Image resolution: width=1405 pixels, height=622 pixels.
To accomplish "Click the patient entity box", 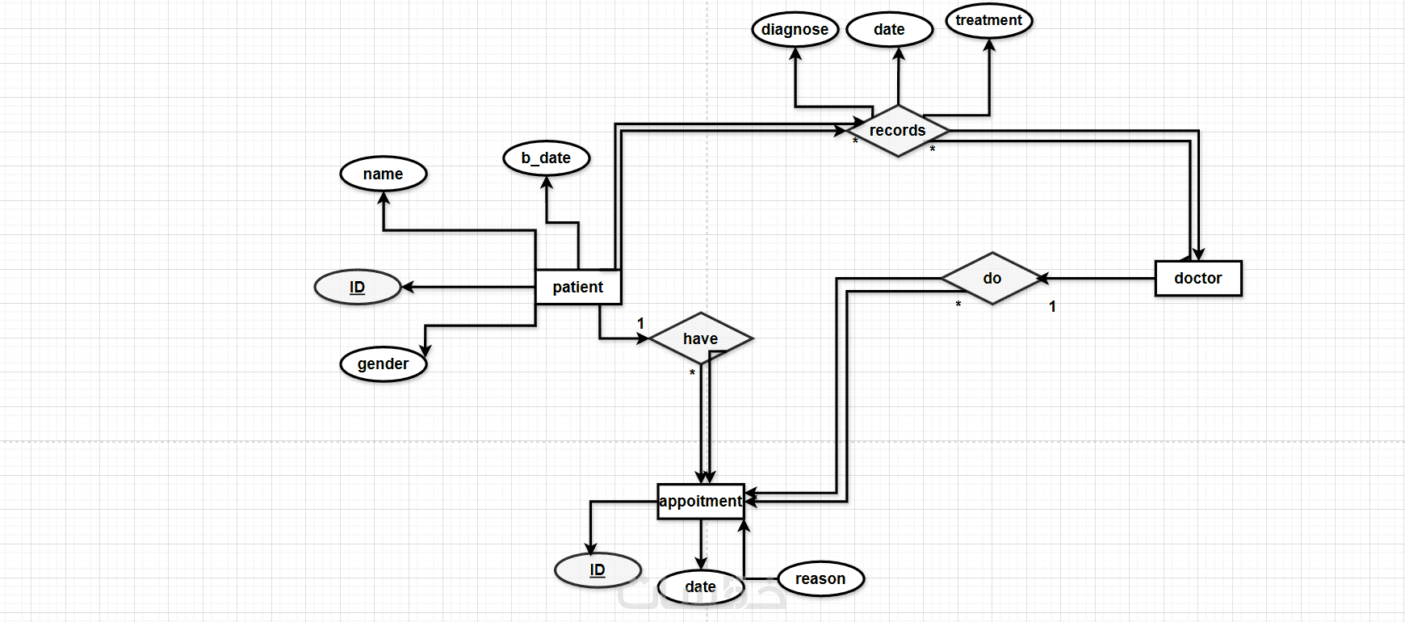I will click(578, 287).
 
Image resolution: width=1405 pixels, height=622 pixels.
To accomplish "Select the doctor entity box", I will click(1198, 278).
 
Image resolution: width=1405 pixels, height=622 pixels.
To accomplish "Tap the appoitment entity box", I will click(700, 501).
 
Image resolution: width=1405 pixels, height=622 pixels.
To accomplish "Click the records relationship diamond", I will click(898, 130).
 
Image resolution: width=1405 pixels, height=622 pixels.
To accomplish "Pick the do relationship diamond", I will click(992, 278).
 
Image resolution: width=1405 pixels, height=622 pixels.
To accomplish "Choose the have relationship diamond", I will click(701, 338).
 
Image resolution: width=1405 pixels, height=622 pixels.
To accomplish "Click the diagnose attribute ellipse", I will click(795, 30).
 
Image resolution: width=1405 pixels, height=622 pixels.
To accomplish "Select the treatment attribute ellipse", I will click(989, 20).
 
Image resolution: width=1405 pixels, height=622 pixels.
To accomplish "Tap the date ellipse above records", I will click(890, 30).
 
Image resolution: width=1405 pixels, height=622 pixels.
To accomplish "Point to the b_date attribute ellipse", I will click(547, 158).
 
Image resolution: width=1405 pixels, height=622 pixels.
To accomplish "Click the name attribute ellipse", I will click(384, 174).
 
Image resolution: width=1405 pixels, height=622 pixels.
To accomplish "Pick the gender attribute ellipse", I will click(384, 364).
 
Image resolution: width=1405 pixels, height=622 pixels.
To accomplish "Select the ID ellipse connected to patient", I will click(358, 287).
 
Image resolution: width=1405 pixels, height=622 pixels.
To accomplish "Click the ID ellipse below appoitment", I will click(598, 569).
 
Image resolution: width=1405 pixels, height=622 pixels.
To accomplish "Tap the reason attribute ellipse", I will click(820, 578).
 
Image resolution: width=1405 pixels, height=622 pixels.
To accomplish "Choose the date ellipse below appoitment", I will click(700, 587).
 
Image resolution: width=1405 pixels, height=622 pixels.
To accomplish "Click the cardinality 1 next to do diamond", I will click(1052, 306).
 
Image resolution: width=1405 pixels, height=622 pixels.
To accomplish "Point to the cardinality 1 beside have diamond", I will click(640, 323).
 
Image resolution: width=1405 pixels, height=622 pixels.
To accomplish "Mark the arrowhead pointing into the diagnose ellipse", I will click(795, 53).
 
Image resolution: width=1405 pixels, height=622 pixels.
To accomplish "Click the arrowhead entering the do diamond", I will click(1042, 279).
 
